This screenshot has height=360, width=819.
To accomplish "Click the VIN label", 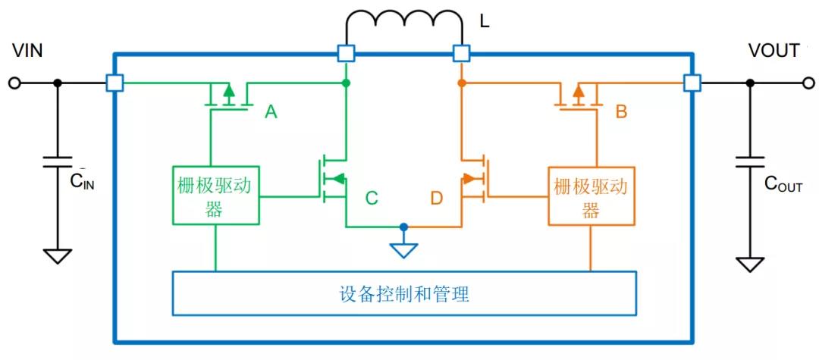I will [x=27, y=51].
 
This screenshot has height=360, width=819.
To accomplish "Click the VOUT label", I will [x=773, y=51].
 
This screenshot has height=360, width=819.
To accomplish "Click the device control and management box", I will [x=404, y=293].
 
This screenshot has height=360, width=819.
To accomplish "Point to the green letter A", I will [x=271, y=113].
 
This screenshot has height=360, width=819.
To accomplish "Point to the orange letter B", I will [x=621, y=113].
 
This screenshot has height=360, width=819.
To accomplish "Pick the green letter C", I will [x=372, y=199].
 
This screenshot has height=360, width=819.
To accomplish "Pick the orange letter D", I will [x=436, y=199].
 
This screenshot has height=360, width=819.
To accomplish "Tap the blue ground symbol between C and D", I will [x=404, y=249].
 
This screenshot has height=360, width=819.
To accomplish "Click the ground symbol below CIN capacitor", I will [x=56, y=256].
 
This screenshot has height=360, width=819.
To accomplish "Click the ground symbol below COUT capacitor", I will [x=750, y=263].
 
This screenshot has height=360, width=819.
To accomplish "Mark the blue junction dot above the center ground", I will [x=404, y=227].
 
